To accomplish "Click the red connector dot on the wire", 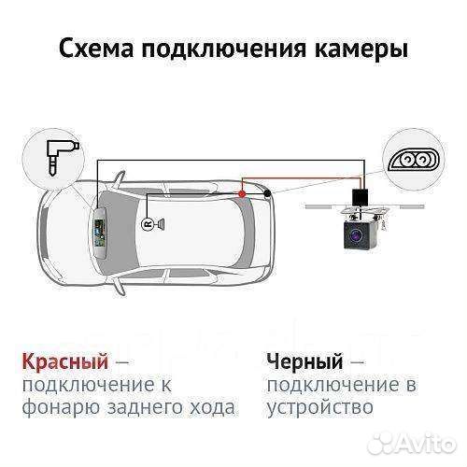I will pos(241,192).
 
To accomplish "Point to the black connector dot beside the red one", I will pos(268,193).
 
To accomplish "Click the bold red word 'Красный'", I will pos(63,361).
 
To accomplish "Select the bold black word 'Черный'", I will pos(303,361).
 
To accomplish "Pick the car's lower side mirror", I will pos(122,283).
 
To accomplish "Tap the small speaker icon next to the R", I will pos(161,225).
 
